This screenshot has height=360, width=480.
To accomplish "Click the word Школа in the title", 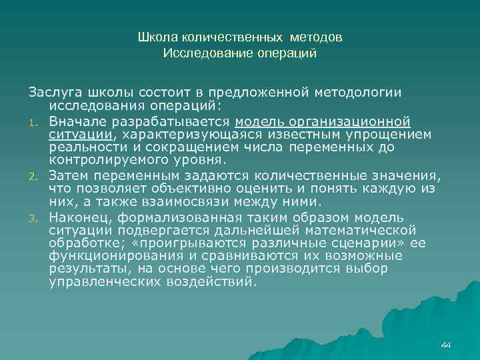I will (152, 37).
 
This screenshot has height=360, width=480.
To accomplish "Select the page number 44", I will (446, 345).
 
